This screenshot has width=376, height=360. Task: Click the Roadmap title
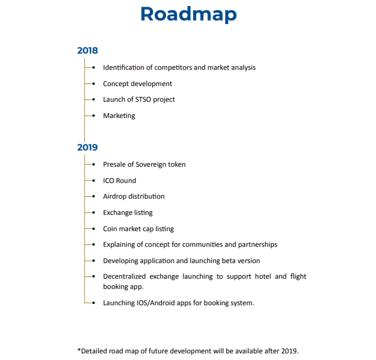click(x=188, y=14)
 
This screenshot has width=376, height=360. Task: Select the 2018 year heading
click(x=87, y=51)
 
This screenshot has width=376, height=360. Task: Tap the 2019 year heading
click(x=87, y=147)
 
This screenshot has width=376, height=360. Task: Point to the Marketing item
click(x=119, y=116)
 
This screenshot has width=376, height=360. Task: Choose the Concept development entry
click(x=137, y=84)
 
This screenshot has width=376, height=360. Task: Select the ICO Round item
click(x=119, y=181)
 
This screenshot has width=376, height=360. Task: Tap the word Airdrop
click(x=115, y=196)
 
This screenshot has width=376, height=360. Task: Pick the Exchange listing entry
click(x=128, y=213)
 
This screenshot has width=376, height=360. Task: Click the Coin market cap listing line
click(x=138, y=229)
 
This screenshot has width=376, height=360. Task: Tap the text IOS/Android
click(x=158, y=303)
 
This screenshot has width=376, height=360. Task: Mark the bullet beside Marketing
click(x=94, y=116)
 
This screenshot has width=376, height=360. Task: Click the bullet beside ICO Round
click(x=94, y=181)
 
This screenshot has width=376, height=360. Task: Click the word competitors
click(x=173, y=67)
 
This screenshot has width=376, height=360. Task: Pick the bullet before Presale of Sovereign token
click(x=94, y=164)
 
